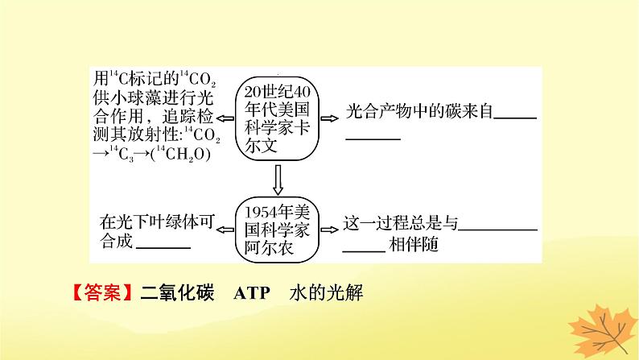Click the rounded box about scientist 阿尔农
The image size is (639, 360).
click(x=276, y=227)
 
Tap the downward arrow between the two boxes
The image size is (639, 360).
click(x=276, y=178)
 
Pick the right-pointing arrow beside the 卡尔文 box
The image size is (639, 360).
click(x=327, y=117)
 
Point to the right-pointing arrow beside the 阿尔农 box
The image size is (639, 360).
click(x=327, y=228)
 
